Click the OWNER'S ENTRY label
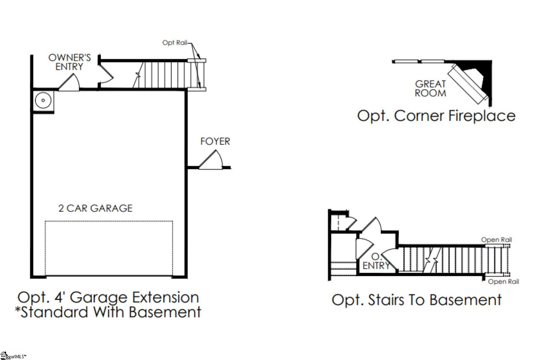point(69,62)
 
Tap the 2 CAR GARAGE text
point(95,208)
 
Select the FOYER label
point(215,141)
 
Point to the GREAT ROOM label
point(430,88)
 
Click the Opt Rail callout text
point(174,43)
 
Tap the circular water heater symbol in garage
point(43,101)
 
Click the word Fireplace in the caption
point(482,116)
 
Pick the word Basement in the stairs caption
point(466,300)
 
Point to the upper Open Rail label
point(496,240)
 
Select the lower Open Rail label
point(503,282)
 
